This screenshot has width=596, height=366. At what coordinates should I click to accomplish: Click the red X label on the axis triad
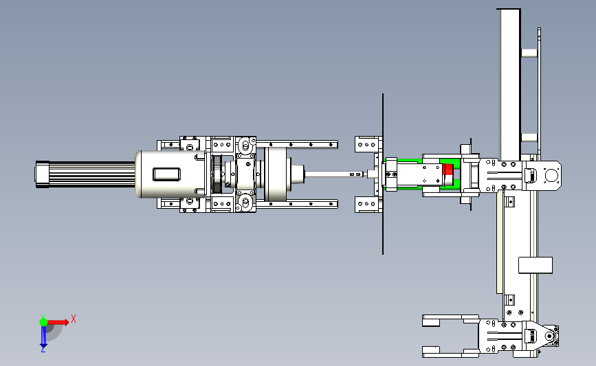[x=74, y=319]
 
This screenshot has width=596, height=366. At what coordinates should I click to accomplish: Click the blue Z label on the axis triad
[x=43, y=350]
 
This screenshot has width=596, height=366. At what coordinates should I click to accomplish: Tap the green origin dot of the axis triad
[x=43, y=322]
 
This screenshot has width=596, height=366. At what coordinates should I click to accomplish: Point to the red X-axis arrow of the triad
[x=58, y=322]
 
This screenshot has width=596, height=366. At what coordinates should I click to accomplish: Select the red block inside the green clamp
[x=448, y=174]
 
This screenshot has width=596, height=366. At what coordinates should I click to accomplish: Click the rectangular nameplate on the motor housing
[x=166, y=174]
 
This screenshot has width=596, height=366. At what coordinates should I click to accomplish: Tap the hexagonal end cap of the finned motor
[x=42, y=174]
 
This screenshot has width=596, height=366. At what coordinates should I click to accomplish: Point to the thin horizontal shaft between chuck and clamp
[x=335, y=174]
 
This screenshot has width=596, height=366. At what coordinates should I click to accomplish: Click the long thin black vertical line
[x=383, y=174]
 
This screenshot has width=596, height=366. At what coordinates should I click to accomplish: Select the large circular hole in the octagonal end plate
[x=551, y=176]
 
